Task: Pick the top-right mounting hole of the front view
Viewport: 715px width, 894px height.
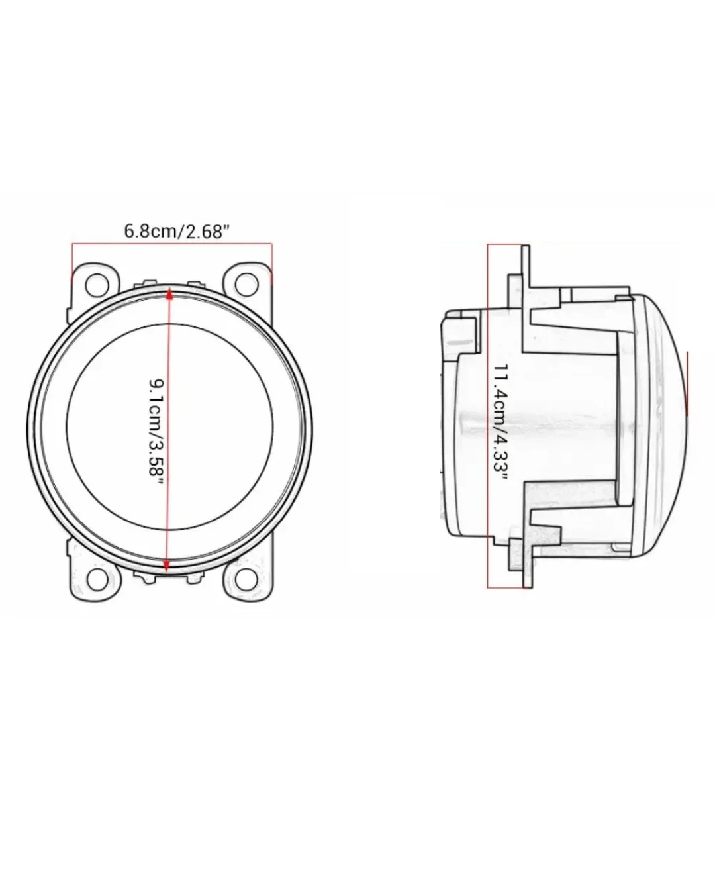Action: (x=247, y=284)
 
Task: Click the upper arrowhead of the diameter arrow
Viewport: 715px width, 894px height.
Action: (x=169, y=294)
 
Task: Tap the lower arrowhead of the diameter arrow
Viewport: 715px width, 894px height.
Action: (x=166, y=565)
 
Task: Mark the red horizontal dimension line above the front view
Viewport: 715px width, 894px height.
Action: (x=172, y=244)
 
